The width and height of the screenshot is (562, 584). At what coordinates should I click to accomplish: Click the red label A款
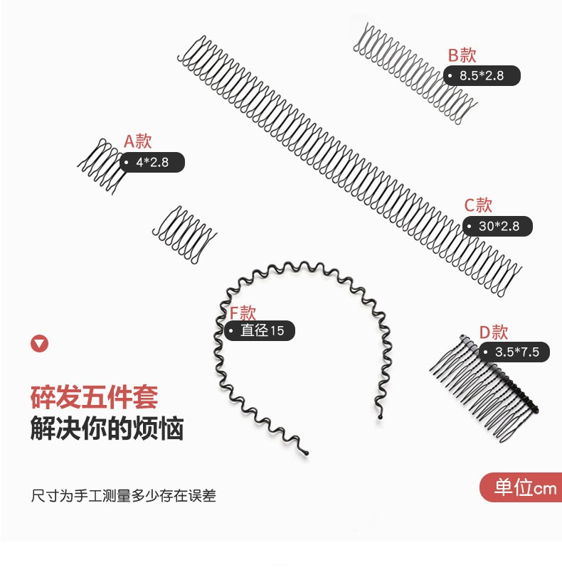tap(137, 141)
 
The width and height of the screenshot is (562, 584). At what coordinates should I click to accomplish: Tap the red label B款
tap(462, 55)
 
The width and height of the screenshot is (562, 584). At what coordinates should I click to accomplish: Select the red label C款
tap(478, 205)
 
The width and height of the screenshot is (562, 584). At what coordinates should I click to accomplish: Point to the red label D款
tap(494, 332)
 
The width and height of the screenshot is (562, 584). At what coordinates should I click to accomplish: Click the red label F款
tap(243, 313)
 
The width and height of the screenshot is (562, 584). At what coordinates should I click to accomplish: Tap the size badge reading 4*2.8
tap(152, 163)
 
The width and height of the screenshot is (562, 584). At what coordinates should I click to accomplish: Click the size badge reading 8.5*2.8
tap(482, 75)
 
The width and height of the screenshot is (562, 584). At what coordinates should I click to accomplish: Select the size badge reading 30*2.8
tap(497, 226)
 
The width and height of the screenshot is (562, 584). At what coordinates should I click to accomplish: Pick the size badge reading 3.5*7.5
tap(514, 352)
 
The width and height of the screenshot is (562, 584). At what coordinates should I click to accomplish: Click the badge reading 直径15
tap(260, 331)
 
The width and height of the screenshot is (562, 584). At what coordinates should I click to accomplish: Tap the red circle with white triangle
tap(40, 344)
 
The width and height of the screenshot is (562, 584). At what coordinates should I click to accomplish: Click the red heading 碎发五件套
tap(95, 397)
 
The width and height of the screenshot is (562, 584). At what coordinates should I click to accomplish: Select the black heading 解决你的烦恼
tap(107, 428)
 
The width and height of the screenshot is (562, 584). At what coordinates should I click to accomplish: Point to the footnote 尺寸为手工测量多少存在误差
tap(124, 496)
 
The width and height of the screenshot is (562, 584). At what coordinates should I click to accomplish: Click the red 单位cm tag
tap(521, 487)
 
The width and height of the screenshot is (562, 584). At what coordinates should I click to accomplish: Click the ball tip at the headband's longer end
tap(306, 453)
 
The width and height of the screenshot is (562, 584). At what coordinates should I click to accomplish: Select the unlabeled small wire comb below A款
tap(184, 235)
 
